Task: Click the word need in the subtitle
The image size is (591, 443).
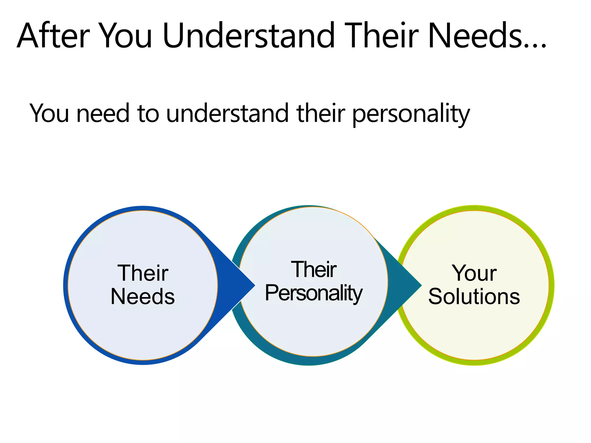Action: coord(102,113)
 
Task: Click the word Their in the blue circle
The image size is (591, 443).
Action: coord(143,273)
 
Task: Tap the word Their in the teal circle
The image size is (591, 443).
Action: coord(314,270)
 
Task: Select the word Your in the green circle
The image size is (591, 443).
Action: coord(474,273)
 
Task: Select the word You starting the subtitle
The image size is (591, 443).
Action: coord(49,113)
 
